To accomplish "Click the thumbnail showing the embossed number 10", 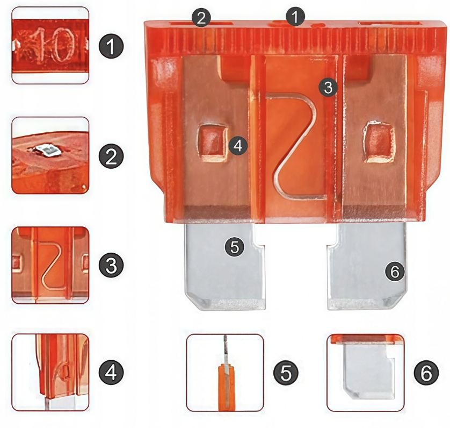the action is (x=50, y=45).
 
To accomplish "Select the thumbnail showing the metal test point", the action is (x=50, y=155).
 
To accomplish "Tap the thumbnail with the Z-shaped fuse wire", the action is (x=50, y=265).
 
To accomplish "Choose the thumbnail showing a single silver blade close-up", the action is (x=366, y=373).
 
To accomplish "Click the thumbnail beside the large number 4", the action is (x=50, y=373).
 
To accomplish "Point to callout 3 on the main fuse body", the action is (x=328, y=87).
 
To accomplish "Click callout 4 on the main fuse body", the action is (x=238, y=146).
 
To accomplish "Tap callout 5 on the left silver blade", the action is (x=235, y=247).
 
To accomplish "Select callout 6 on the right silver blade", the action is (x=395, y=271).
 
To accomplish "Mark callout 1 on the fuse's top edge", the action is (x=295, y=17).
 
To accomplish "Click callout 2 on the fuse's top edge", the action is (x=201, y=18).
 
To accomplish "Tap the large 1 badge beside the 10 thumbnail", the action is (x=111, y=46).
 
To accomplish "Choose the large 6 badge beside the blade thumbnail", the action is (x=426, y=373).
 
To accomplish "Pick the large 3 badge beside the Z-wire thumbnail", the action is (x=111, y=265).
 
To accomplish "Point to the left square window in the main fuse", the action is (x=212, y=142).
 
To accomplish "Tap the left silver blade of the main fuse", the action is (x=226, y=267).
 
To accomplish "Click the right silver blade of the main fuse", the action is (x=367, y=267).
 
